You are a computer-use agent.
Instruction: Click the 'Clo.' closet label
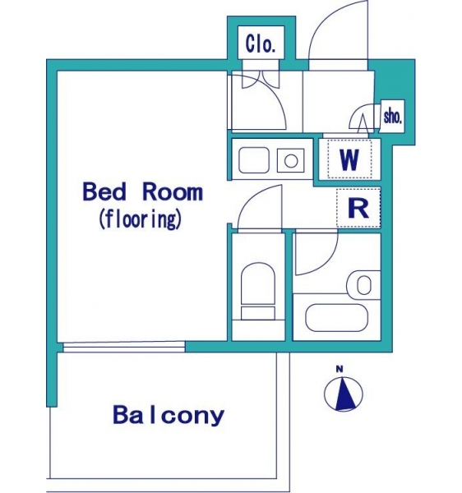tap(261, 44)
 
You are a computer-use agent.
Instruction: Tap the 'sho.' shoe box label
tap(392, 117)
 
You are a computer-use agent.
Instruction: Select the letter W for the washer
tap(349, 159)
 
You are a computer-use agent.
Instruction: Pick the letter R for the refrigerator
tap(358, 208)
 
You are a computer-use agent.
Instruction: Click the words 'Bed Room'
tap(143, 191)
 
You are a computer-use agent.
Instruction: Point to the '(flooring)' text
tap(141, 219)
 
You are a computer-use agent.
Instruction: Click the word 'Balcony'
tap(169, 415)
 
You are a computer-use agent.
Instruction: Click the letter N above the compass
tap(340, 369)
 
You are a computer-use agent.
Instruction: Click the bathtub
tap(336, 317)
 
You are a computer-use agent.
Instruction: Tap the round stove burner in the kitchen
tap(291, 161)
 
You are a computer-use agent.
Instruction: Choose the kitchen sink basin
tap(254, 160)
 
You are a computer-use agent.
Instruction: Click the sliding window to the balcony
tap(123, 347)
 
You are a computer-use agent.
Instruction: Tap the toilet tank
tap(258, 313)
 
